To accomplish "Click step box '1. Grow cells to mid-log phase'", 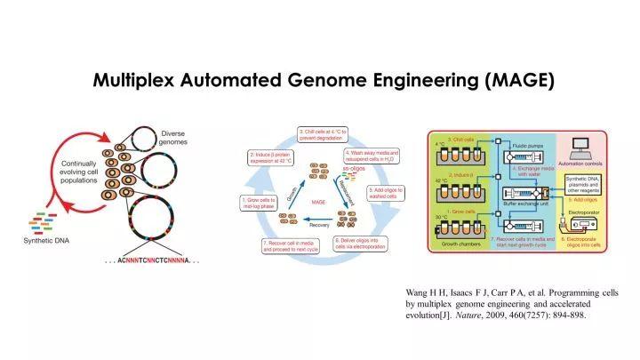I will click(260, 204).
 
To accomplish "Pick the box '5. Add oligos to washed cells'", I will click(386, 193).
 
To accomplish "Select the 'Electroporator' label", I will click(580, 213).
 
